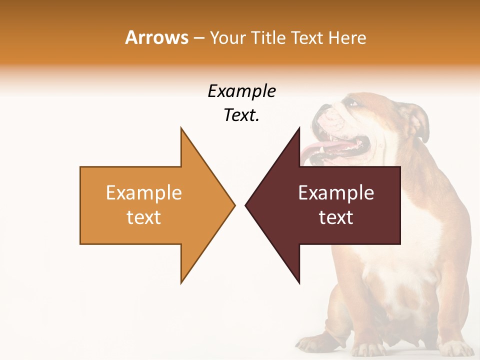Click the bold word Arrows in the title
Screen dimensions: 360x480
pyautogui.click(x=156, y=37)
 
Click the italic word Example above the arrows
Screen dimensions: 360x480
pyautogui.click(x=241, y=91)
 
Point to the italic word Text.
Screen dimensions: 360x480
pyautogui.click(x=241, y=115)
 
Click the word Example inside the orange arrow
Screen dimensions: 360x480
pyautogui.click(x=144, y=192)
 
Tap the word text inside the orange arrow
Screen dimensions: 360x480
pyautogui.click(x=144, y=217)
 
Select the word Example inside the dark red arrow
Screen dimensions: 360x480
pyautogui.click(x=336, y=192)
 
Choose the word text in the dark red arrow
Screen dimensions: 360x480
pyautogui.click(x=336, y=217)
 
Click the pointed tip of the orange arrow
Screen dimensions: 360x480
pyautogui.click(x=234, y=205)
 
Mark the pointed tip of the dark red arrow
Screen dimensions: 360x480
pyautogui.click(x=246, y=205)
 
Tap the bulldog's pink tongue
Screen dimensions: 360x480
pyautogui.click(x=325, y=147)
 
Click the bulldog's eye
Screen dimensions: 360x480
pyautogui.click(x=353, y=103)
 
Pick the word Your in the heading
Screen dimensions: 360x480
pyautogui.click(x=226, y=37)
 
